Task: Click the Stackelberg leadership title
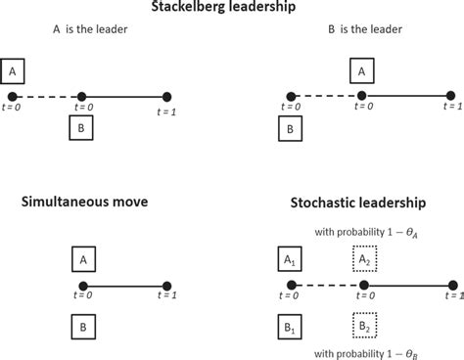[232, 8]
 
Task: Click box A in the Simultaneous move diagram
[85, 259]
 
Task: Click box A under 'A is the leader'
[14, 71]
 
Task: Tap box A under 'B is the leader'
[362, 71]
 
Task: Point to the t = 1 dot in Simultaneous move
[167, 287]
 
